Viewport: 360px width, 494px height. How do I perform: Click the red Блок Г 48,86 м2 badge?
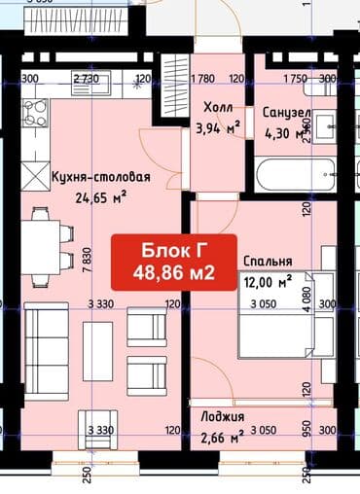point(177,262)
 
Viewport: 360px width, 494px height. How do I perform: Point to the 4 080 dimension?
point(306,297)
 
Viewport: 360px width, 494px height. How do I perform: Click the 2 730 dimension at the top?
point(87,79)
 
